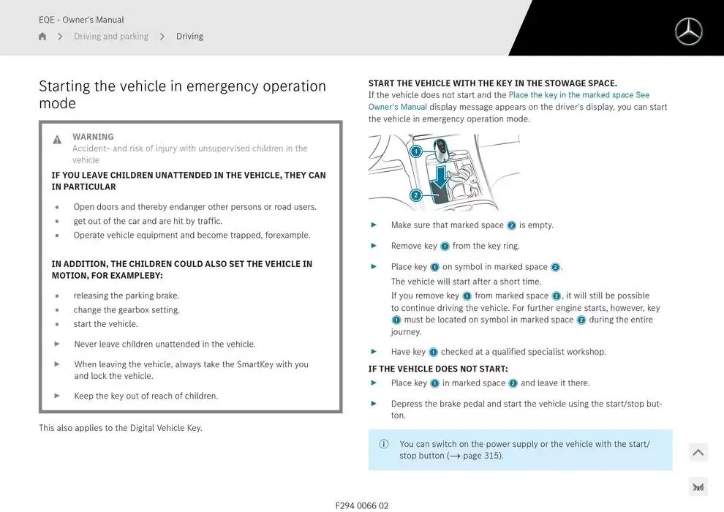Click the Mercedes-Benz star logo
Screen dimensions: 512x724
point(687,31)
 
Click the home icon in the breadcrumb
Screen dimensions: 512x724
point(42,37)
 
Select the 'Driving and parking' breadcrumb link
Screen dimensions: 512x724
point(110,37)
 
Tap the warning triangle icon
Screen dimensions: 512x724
point(57,140)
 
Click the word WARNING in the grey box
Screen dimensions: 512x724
point(93,137)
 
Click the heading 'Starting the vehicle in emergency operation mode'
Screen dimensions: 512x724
point(182,94)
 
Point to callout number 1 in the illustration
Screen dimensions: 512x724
point(415,152)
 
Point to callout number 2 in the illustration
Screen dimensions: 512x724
point(415,195)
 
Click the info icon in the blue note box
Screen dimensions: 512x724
point(384,444)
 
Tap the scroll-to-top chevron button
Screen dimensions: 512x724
point(698,453)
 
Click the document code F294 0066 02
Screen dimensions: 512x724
point(362,505)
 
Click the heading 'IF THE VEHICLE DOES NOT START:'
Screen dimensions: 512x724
point(437,369)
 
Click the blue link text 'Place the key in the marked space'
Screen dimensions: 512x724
point(570,95)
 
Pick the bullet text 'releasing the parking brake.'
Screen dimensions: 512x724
point(126,295)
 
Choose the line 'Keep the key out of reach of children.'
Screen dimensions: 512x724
point(146,396)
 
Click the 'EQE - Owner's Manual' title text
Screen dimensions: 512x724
point(81,20)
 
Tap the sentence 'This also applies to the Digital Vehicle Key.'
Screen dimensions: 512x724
point(120,428)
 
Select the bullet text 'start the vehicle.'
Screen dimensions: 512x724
point(105,324)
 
